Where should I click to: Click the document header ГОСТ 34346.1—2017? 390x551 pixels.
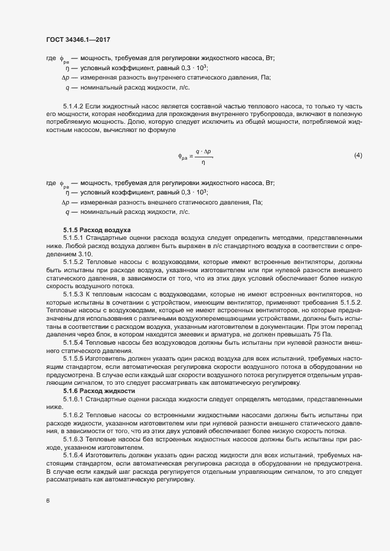(x=78, y=39)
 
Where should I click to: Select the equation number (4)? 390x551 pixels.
(x=358, y=156)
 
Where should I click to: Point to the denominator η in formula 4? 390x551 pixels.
(x=204, y=161)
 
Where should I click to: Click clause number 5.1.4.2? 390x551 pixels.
(x=73, y=105)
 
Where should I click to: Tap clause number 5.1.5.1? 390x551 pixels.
(x=73, y=237)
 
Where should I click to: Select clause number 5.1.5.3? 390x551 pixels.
(x=73, y=293)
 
